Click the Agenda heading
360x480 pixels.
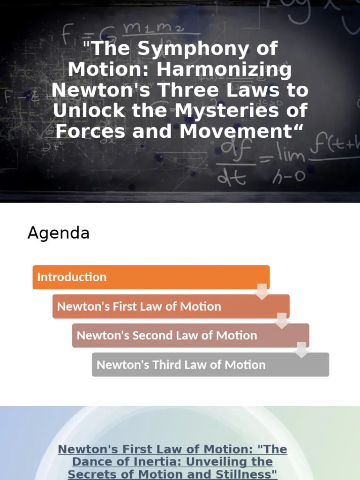(58, 232)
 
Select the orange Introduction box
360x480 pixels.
(150, 277)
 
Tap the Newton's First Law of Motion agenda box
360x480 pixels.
(171, 307)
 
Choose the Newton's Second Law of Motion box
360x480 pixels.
(190, 336)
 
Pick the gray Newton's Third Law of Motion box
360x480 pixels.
(210, 365)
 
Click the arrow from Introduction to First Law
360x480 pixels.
(262, 292)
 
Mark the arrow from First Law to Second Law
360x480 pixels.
(282, 321)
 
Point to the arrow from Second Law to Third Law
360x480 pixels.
(301, 350)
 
